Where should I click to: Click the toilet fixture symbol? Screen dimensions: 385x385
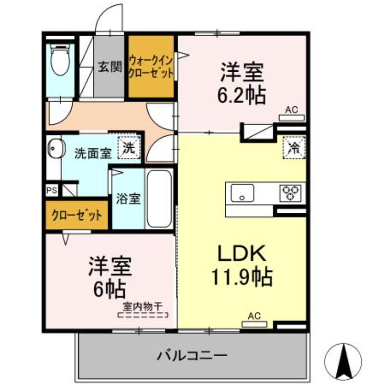coord(60,59)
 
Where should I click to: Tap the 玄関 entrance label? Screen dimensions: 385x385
coord(110,66)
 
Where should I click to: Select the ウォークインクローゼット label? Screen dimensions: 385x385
coord(151,67)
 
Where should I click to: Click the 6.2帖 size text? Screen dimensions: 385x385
coord(242,95)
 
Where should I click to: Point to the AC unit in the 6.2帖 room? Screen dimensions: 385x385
coord(292,118)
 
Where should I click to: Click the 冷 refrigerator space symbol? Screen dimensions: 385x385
coord(294,148)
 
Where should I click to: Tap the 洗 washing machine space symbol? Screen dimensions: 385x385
coord(129,147)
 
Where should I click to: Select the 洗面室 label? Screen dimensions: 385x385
coord(93,154)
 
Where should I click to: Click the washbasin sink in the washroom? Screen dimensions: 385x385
coord(55,149)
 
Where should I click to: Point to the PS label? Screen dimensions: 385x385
coord(52,191)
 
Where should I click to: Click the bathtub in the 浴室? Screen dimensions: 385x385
coord(160,199)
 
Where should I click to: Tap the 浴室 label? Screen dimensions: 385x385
coord(128,198)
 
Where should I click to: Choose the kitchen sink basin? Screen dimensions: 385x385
coord(242,193)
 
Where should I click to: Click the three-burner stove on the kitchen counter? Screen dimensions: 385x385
coord(290,193)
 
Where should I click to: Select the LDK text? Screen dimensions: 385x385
coord(242,254)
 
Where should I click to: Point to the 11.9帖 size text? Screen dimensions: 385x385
coord(242,278)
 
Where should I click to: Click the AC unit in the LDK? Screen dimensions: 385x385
coord(255,324)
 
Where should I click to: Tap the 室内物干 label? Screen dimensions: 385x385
coord(143,307)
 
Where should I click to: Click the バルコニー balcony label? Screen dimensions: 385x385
coord(192,356)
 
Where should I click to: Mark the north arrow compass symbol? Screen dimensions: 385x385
coord(343,360)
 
